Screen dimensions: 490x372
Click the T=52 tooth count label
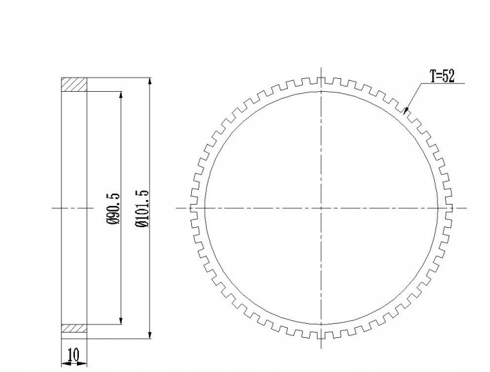point(442,76)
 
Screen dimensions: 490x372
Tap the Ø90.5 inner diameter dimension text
point(113,208)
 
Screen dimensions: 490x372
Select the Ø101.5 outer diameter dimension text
point(142,208)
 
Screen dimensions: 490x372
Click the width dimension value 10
point(73,354)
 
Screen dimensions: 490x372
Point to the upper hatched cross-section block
point(74,84)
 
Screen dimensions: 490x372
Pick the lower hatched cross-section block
point(74,328)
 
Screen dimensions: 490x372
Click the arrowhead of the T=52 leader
point(406,112)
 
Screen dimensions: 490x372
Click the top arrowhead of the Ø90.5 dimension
point(121,95)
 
